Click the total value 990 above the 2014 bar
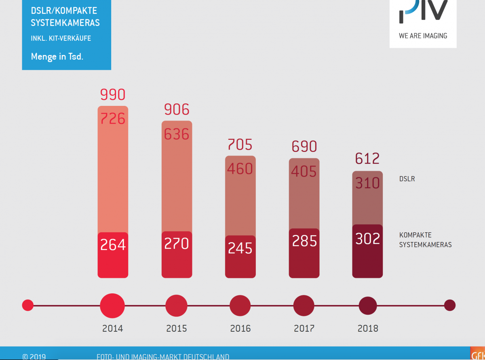point(113,95)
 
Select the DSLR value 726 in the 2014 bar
point(113,118)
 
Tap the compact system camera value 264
point(113,245)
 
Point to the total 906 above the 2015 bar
point(177,109)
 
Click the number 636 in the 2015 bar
point(177,134)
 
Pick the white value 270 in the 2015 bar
point(177,244)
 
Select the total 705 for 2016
point(240,144)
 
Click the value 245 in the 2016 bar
point(240,248)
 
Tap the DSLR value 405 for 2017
point(304,171)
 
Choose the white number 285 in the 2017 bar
point(304,241)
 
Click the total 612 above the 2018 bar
point(367,159)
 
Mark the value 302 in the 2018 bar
point(367,239)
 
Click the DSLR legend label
point(407,179)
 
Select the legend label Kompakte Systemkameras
point(425,240)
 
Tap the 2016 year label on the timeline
point(240,328)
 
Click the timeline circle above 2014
point(112,305)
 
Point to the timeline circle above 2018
point(368,305)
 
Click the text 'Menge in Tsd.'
point(57,57)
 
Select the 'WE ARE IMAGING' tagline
point(423,36)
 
